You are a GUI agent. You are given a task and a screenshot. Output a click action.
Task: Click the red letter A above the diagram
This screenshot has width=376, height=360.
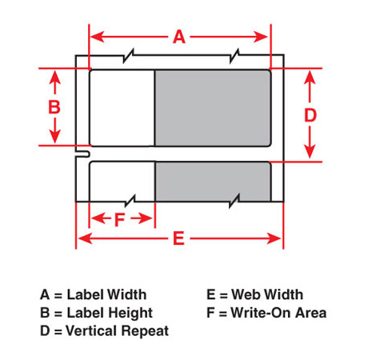(x=179, y=37)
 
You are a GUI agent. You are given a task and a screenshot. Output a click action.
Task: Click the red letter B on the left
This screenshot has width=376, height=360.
(x=54, y=107)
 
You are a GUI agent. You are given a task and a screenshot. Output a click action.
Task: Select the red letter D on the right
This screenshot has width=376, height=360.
(x=310, y=115)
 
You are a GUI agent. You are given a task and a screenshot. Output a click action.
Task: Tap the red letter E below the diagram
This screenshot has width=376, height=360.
(x=178, y=238)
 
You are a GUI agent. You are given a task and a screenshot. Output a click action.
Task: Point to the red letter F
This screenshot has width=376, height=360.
(x=119, y=219)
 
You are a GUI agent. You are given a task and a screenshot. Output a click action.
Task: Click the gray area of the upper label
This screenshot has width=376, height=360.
(x=213, y=108)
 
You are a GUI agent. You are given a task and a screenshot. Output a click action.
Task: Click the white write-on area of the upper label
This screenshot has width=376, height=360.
(x=122, y=108)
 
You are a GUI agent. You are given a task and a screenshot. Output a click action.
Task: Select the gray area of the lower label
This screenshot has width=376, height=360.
(x=213, y=182)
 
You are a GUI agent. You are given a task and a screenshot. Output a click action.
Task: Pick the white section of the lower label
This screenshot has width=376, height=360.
(x=122, y=182)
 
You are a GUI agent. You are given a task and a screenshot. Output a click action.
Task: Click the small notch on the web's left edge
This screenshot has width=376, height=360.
(x=82, y=154)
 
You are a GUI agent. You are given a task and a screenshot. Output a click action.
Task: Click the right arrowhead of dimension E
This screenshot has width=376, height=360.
(x=274, y=238)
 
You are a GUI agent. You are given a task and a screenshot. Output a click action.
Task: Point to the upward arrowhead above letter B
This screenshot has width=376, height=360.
(x=55, y=78)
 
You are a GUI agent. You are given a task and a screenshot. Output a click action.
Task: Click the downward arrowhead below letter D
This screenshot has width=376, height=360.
(x=310, y=151)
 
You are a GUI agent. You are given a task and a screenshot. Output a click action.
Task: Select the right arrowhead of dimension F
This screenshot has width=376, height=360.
(x=146, y=218)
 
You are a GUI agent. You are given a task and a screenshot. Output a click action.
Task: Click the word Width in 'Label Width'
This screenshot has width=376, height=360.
(x=126, y=294)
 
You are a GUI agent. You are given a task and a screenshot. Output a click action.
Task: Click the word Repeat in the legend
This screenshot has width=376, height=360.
(x=145, y=331)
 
